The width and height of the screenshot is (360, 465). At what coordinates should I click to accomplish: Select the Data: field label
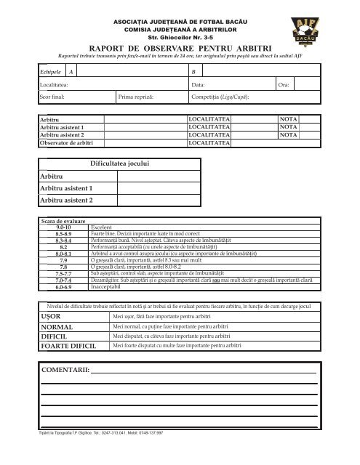(x=198, y=85)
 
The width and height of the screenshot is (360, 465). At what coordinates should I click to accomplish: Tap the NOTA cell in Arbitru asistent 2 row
(x=289, y=134)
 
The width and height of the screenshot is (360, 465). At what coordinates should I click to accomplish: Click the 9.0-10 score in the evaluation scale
(x=63, y=227)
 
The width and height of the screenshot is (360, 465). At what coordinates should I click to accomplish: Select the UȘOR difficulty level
(x=52, y=317)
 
